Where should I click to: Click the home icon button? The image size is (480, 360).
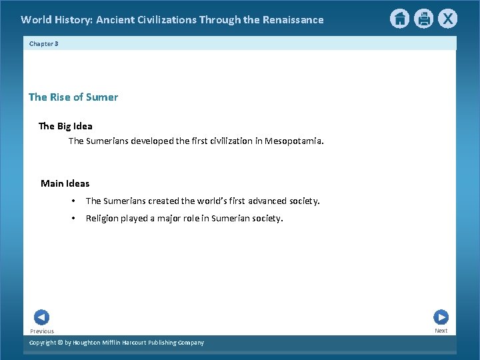tap(399, 19)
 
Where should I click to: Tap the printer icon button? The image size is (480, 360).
tap(423, 19)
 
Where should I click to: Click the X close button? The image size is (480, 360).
tap(447, 19)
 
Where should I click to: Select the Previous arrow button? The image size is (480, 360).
tap(41, 317)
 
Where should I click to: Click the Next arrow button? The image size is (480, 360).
tap(441, 317)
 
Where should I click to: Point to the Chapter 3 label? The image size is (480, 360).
tap(44, 43)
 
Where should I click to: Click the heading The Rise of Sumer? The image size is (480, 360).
tap(73, 97)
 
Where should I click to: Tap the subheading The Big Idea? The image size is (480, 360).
tap(65, 126)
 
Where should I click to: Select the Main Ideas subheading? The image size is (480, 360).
tap(65, 183)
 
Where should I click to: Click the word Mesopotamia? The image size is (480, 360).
tap(294, 141)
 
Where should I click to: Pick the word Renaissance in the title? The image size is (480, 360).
tap(291, 20)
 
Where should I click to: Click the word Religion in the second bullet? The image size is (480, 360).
tap(101, 218)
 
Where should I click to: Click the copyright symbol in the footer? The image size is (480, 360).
tap(59, 343)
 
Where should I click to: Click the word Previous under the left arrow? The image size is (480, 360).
tap(42, 331)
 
